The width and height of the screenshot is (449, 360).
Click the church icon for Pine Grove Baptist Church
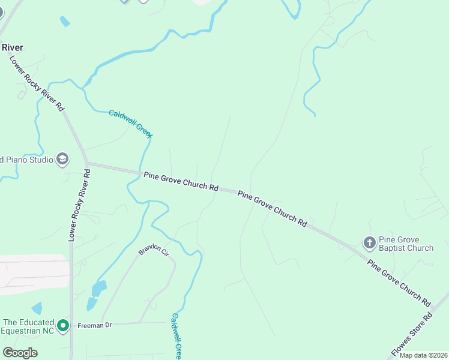click(x=370, y=243)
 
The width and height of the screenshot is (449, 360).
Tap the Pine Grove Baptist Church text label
click(x=406, y=244)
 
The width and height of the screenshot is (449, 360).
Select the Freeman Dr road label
click(x=95, y=326)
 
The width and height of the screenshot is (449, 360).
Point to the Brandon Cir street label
click(x=154, y=250)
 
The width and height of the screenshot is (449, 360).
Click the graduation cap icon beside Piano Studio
click(x=62, y=159)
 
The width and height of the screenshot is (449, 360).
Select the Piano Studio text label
click(x=26, y=160)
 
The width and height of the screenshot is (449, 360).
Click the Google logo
click(x=20, y=353)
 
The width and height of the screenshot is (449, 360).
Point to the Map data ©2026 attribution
click(x=424, y=355)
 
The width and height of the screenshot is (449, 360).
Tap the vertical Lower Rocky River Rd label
click(x=79, y=205)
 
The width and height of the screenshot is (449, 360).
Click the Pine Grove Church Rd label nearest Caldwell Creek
click(x=181, y=179)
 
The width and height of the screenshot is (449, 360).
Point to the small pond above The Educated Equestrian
click(x=37, y=308)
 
